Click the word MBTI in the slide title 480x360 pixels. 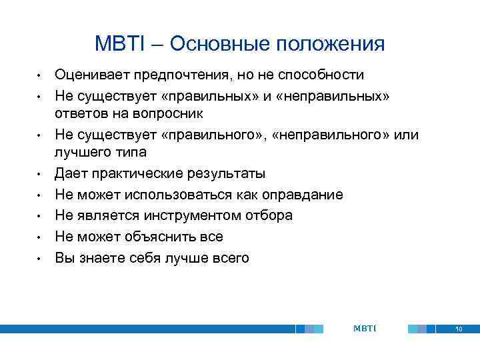pyautogui.click(x=121, y=44)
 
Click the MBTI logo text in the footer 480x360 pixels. pyautogui.click(x=365, y=329)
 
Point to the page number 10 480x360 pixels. pyautogui.click(x=458, y=329)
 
